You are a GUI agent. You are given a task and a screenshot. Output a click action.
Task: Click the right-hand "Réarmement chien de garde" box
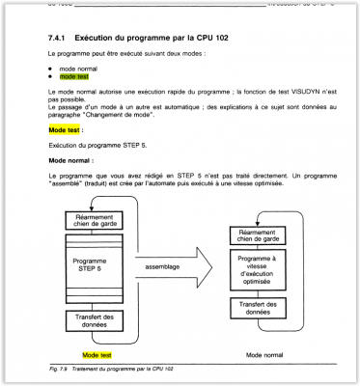tap(257, 235)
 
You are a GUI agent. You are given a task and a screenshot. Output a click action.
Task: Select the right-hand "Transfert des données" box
tap(257, 308)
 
